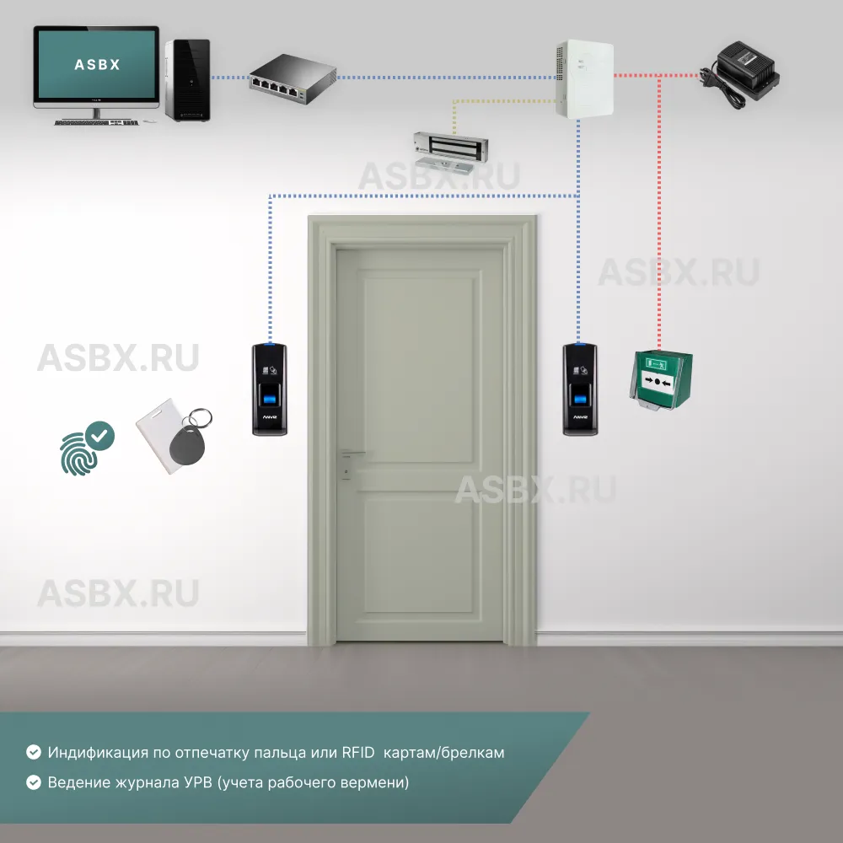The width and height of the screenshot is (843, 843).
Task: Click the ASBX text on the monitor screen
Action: [x=97, y=64]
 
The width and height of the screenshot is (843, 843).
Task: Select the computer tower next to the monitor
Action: [x=186, y=79]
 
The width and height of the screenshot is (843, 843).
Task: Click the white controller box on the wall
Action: [x=583, y=78]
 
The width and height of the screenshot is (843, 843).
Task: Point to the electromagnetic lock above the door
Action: [x=450, y=148]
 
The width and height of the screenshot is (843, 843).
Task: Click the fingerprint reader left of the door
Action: [x=270, y=389]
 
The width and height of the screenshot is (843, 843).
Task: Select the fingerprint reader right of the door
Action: [x=581, y=389]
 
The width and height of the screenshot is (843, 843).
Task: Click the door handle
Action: [x=350, y=455]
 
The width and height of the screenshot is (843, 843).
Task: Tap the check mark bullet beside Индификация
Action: [x=34, y=752]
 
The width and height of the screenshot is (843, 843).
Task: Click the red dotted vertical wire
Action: [x=659, y=211]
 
